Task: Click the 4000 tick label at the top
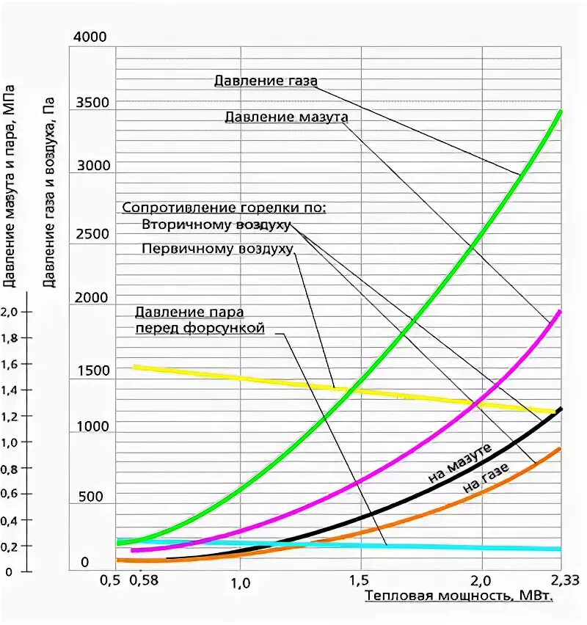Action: point(91,37)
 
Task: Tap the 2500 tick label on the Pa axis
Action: point(91,234)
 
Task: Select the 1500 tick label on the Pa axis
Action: point(91,370)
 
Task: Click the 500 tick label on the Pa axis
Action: point(91,497)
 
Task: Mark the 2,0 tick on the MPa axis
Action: point(11,312)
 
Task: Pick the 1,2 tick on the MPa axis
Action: point(11,416)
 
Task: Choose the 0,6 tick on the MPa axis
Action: point(11,494)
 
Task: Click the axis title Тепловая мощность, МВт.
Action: point(459,596)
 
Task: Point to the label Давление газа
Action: point(266,81)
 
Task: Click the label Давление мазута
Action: point(286,117)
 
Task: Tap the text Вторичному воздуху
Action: point(216,224)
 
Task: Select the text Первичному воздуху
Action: point(218,249)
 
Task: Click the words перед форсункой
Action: point(199,329)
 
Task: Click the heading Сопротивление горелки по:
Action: point(224,208)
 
